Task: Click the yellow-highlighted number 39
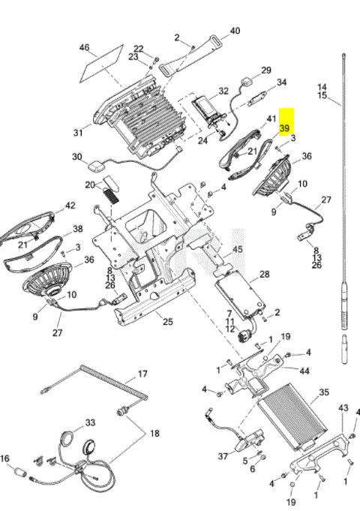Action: click(284, 128)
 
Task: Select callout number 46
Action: click(85, 47)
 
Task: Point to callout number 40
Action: click(235, 31)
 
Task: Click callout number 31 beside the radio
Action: click(78, 133)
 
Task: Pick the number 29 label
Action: click(266, 70)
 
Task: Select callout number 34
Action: click(281, 82)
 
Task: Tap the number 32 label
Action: click(223, 91)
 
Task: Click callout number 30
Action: click(77, 157)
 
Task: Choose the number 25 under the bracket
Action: click(168, 322)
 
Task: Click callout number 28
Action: click(264, 274)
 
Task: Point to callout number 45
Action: click(238, 249)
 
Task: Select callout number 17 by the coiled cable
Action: click(142, 374)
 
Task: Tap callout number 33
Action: click(90, 422)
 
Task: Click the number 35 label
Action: click(324, 392)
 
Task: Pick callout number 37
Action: click(223, 456)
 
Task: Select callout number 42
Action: click(70, 206)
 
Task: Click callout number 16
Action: click(5, 459)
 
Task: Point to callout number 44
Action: click(304, 371)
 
